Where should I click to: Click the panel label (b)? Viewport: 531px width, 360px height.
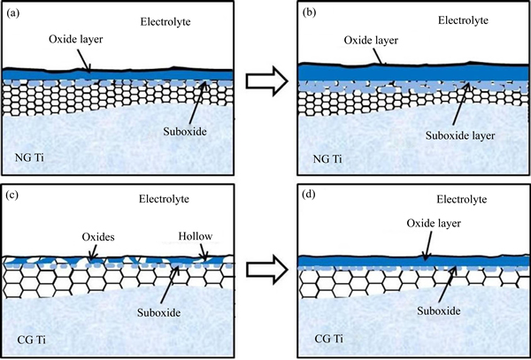click(x=308, y=12)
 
